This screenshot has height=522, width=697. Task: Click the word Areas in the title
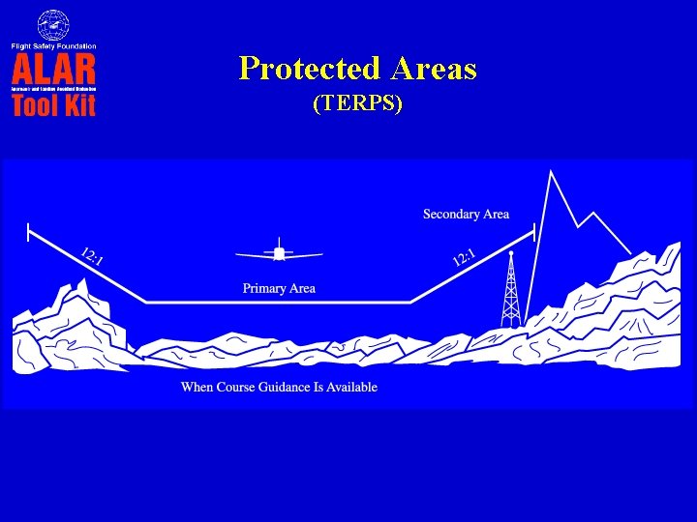pos(434,69)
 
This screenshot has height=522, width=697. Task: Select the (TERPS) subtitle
pos(357,103)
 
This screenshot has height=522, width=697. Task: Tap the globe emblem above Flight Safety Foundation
pos(53,25)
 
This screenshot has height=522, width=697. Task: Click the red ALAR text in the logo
pos(54,70)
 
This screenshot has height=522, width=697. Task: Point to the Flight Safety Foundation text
pos(54,45)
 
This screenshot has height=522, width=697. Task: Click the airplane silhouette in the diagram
pos(279,253)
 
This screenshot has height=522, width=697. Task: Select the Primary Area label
pos(279,288)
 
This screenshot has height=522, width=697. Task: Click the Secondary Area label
pos(466,214)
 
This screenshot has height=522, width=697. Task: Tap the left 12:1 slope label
pos(93,256)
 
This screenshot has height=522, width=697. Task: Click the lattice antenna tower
pos(510,290)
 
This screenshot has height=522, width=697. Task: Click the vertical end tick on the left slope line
pos(28,231)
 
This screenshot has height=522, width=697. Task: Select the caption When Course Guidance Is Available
pos(279,387)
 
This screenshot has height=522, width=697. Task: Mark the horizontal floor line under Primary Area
pos(279,303)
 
